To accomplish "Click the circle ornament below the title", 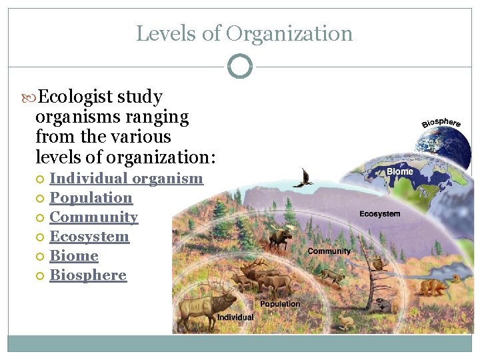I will (x=240, y=66).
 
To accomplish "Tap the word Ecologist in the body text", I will (x=75, y=97).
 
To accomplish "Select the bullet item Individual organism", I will (x=126, y=178).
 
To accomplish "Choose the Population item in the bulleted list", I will (x=91, y=197).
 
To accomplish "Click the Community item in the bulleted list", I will (x=94, y=217).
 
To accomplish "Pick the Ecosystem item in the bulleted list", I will (x=89, y=236).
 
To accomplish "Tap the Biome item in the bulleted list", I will (x=74, y=255).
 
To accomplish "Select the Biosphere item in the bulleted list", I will (x=88, y=275).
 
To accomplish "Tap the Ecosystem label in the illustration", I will (x=379, y=213).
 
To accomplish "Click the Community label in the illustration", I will (x=329, y=251).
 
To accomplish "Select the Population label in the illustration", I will (x=280, y=304).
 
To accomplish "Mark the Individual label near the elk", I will (x=235, y=317).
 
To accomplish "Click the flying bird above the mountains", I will (x=305, y=177).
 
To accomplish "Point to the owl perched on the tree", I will (x=379, y=263).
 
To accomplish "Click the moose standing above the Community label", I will (x=279, y=237).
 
